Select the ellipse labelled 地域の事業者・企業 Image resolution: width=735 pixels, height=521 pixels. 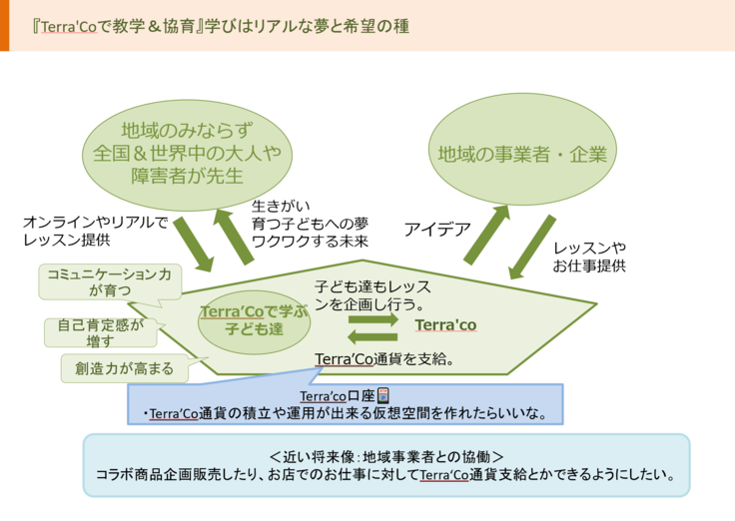(x=521, y=154)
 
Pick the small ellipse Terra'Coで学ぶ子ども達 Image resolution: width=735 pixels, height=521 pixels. (x=253, y=320)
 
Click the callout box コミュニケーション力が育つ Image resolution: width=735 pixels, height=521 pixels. (x=110, y=280)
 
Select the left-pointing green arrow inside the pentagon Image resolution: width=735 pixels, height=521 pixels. (x=373, y=336)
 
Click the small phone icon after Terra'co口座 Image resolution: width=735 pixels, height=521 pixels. (x=383, y=395)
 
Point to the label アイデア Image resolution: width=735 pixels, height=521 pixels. (x=436, y=230)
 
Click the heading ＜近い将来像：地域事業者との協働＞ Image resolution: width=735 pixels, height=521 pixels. (x=385, y=455)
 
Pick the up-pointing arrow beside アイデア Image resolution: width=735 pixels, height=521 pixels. (x=486, y=235)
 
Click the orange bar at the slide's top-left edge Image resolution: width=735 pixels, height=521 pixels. (x=4, y=25)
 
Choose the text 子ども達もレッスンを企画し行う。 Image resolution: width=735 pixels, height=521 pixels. (x=371, y=293)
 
